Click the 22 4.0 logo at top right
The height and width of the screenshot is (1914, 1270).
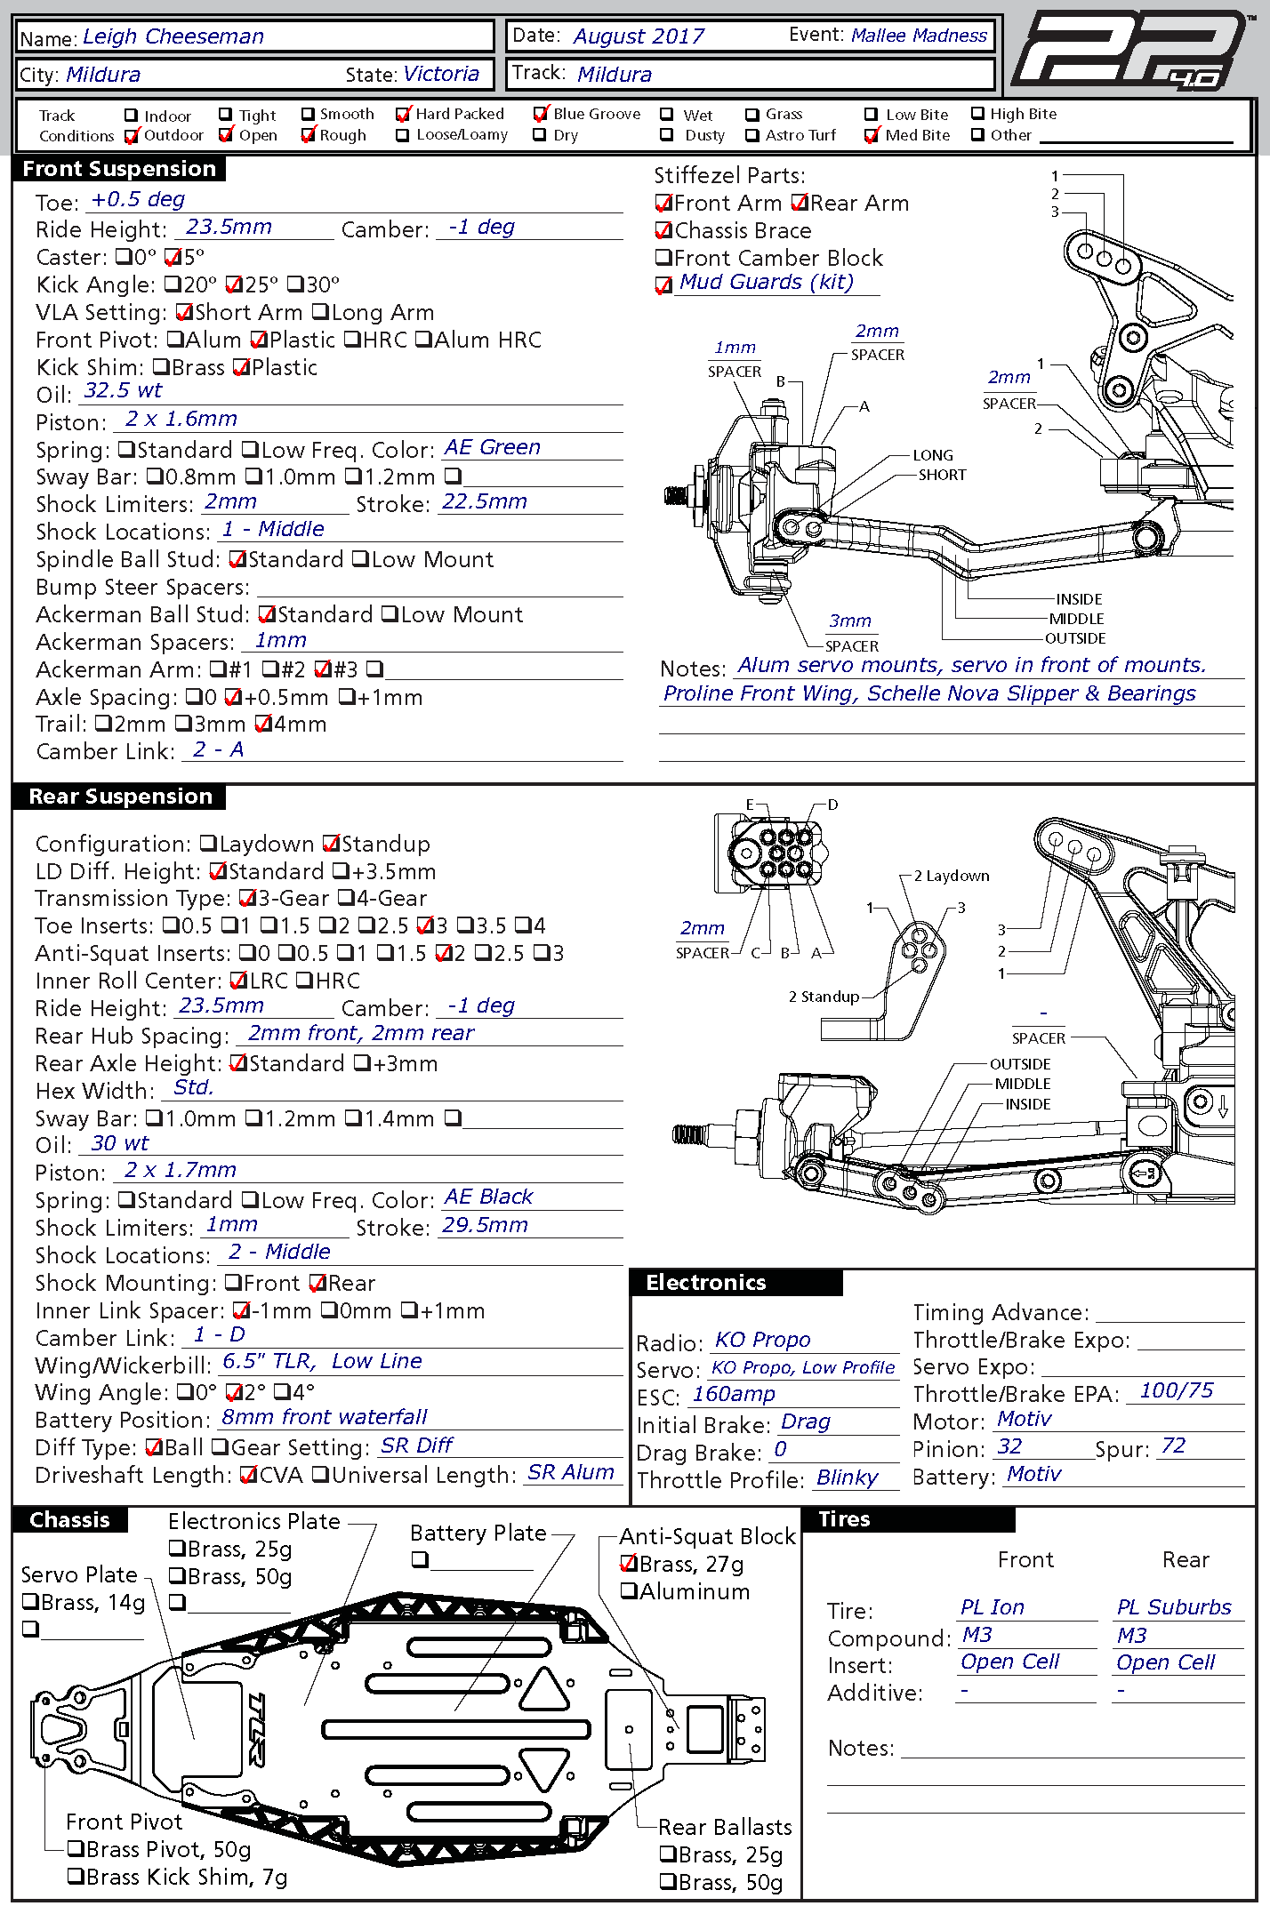point(1129,52)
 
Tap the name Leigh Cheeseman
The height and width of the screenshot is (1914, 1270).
point(173,36)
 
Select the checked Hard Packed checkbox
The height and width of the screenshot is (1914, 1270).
point(404,115)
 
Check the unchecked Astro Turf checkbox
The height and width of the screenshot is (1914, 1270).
point(752,135)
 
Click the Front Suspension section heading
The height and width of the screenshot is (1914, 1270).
point(119,169)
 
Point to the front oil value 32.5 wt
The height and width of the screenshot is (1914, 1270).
point(123,390)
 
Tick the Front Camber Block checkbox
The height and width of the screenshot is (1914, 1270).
point(663,258)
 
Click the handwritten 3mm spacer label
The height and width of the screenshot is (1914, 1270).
point(850,621)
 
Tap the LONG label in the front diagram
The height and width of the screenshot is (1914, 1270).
point(933,455)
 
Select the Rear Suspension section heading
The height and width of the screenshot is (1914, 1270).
point(120,797)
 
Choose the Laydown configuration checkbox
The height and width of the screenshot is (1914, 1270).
point(208,843)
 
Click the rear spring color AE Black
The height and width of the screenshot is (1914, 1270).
point(488,1197)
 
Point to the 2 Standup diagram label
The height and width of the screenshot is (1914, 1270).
point(824,997)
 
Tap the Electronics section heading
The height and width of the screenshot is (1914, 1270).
point(706,1282)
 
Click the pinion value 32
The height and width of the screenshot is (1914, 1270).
point(1009,1446)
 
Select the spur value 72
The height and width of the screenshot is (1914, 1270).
point(1173,1446)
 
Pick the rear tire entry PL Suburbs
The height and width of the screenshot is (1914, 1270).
point(1174,1607)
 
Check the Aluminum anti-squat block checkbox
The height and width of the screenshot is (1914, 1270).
point(629,1591)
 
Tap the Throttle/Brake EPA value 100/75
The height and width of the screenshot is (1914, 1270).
point(1176,1390)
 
